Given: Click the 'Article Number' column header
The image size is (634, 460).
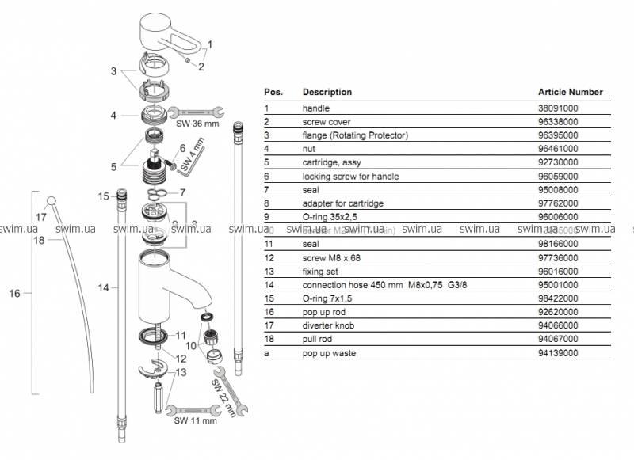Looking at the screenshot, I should [570, 92].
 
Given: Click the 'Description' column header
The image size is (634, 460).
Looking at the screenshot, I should [327, 92].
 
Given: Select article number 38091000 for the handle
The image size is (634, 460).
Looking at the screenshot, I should [558, 108].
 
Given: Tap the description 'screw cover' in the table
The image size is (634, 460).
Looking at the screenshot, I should [326, 122].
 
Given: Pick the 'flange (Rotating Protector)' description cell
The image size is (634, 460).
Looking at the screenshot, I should [349, 135].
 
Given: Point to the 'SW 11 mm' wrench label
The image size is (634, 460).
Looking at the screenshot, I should [195, 420].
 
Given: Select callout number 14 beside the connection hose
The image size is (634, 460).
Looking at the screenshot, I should [104, 289].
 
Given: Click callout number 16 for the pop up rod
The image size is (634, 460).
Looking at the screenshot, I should [14, 294].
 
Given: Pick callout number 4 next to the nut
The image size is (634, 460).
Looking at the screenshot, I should [114, 115].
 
